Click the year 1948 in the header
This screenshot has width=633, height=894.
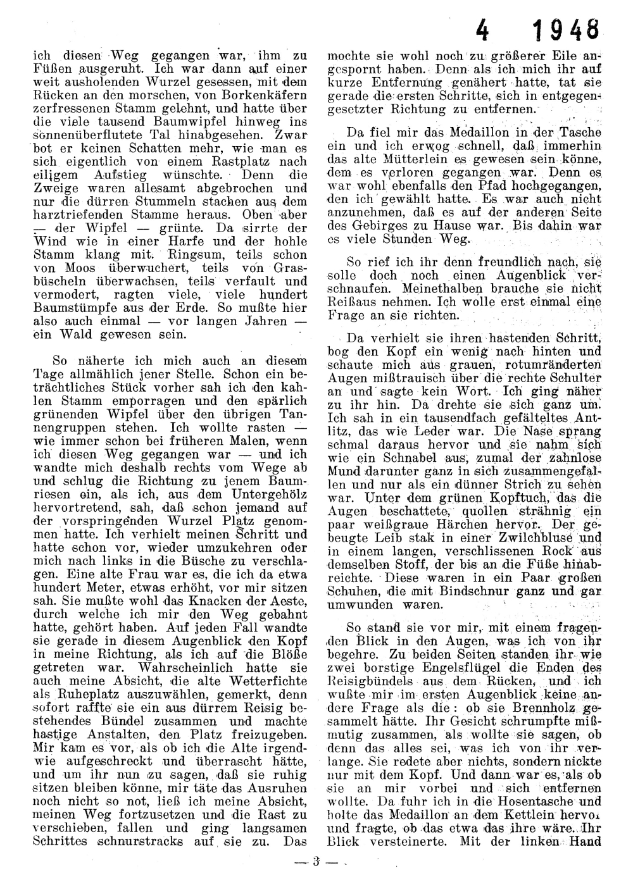coord(565,30)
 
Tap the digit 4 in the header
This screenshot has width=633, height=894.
coord(484,30)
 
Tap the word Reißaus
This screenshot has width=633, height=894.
coord(353,302)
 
